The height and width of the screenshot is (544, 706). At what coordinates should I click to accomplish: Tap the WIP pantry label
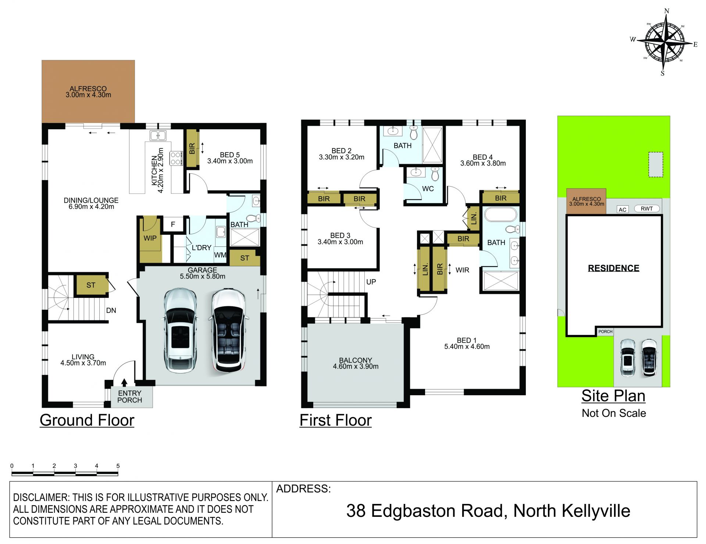[x=150, y=238]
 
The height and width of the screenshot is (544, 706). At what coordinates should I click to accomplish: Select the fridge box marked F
[x=173, y=224]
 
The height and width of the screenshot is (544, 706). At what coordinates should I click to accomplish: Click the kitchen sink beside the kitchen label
[x=158, y=136]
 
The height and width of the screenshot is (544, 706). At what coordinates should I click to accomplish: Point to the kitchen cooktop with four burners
[x=176, y=158]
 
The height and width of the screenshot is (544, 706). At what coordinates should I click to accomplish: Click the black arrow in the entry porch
[x=124, y=382]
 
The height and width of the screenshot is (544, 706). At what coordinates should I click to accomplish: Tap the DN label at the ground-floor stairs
[x=111, y=310]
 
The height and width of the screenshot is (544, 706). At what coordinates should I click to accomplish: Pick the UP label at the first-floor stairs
[x=371, y=282]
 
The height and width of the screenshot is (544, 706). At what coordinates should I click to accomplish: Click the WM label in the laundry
[x=220, y=255]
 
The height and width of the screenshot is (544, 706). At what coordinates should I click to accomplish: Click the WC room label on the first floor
[x=428, y=189]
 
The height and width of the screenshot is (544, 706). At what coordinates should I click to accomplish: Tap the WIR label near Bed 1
[x=462, y=270]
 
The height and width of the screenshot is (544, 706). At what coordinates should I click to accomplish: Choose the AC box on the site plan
[x=623, y=209]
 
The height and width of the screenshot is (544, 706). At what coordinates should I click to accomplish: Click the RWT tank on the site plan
[x=647, y=209]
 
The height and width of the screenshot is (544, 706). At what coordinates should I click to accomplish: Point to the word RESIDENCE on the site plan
[x=614, y=268]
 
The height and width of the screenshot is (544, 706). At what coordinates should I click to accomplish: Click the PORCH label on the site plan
[x=605, y=331]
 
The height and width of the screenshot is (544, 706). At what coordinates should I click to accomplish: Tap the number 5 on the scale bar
[x=118, y=466]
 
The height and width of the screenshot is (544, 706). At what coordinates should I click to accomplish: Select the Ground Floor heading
[x=87, y=420]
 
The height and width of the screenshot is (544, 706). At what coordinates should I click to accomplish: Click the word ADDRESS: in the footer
[x=303, y=489]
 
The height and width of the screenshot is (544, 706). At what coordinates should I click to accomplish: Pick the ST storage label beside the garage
[x=245, y=258]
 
